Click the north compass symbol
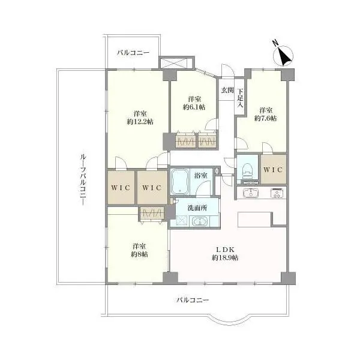[283, 55]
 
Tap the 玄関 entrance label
[227, 90]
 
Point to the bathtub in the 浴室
[180, 182]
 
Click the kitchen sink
[251, 193]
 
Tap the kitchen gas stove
[278, 193]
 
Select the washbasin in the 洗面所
[200, 221]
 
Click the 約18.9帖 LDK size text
[225, 258]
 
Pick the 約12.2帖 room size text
[140, 122]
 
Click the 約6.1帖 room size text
[194, 107]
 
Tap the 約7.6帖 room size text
[265, 118]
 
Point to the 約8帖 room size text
[139, 254]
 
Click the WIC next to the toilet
[274, 169]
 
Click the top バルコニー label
[133, 53]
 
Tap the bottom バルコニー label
[193, 300]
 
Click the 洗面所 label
[197, 208]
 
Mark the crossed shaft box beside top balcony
[176, 62]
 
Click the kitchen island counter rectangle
[254, 220]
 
